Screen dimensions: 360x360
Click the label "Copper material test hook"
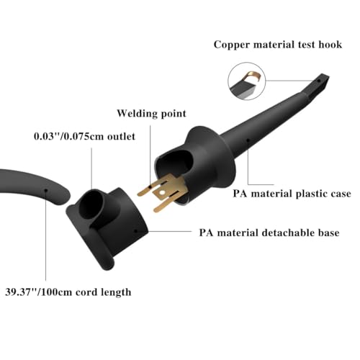pos(278,45)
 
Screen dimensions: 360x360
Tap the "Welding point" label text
pos(151,113)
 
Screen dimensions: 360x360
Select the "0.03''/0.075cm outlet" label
pos(84,136)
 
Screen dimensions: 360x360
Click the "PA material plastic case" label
pos(292,194)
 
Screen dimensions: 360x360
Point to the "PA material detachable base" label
pos(269,233)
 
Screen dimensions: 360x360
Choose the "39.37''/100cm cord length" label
pos(68,292)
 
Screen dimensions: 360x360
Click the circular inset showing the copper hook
pos(247,81)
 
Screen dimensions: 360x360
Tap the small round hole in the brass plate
pos(163,192)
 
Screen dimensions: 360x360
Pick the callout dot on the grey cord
pos(45,190)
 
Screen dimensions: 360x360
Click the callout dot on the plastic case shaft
pos(248,140)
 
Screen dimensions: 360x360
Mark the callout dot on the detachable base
pos(135,231)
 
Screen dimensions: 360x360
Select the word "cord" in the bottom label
pos(86,292)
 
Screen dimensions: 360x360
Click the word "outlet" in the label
pos(121,136)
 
